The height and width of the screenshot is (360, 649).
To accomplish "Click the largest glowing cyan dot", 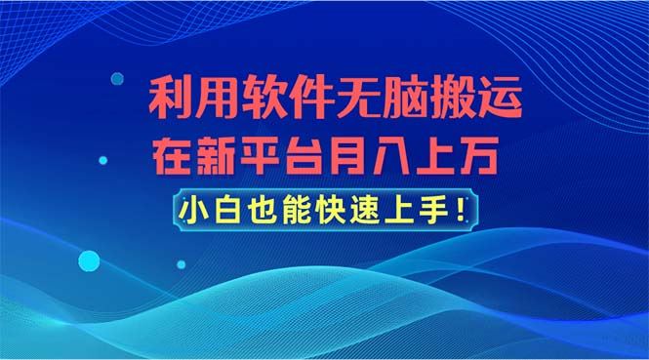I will coord(89,260).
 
